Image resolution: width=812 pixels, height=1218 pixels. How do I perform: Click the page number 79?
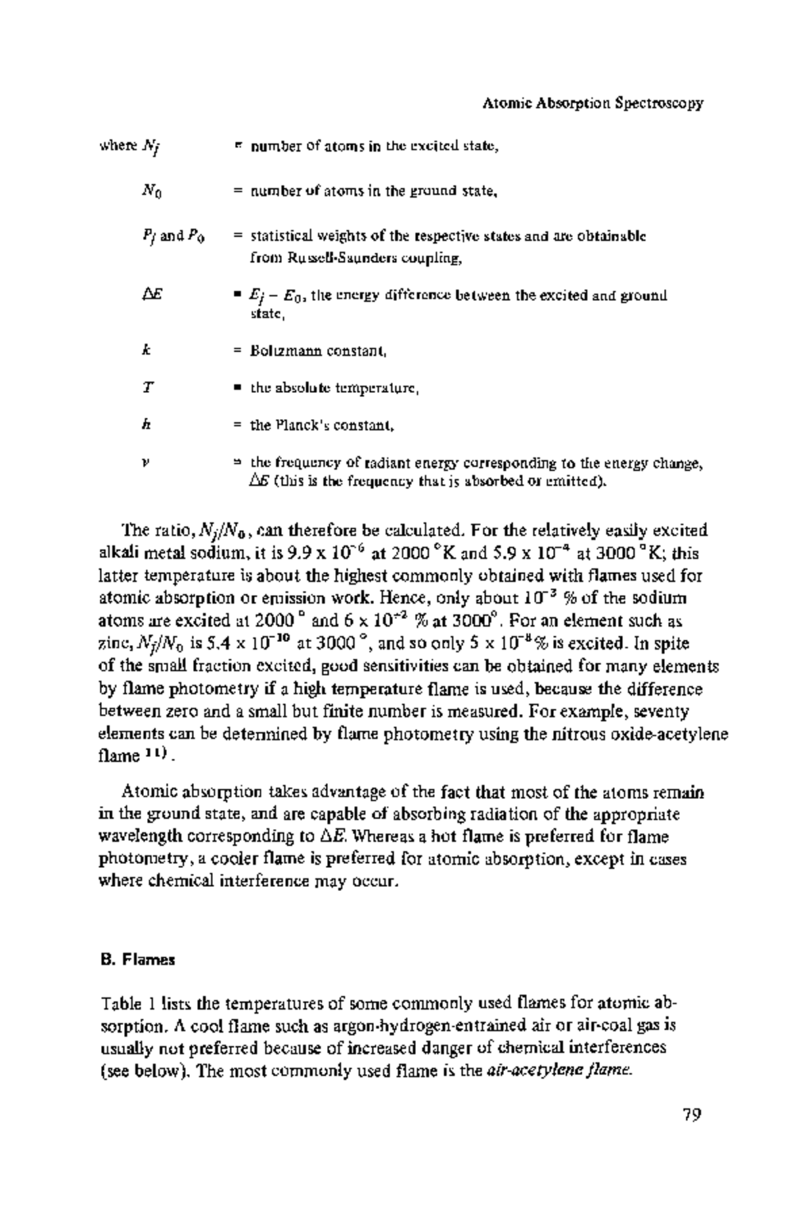[x=690, y=1114]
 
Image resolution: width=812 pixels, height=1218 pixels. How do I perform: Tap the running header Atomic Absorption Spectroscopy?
[x=593, y=104]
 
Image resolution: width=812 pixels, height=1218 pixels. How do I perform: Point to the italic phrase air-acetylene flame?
[x=560, y=1071]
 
